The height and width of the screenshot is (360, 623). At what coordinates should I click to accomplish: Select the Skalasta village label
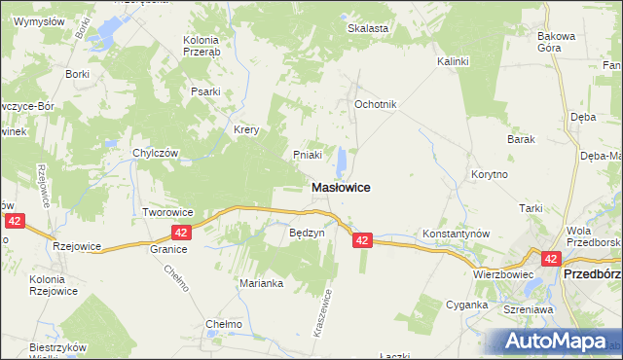coord(368,28)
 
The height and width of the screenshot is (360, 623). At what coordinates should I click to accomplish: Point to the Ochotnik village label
coord(376,104)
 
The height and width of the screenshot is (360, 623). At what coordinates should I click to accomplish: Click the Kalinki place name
coord(453,61)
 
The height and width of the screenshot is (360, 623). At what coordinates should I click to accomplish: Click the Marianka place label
coord(261,283)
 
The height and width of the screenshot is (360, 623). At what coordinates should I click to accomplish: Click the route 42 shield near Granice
coord(181,233)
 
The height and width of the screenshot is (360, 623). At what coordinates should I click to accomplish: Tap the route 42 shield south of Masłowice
coord(362,240)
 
